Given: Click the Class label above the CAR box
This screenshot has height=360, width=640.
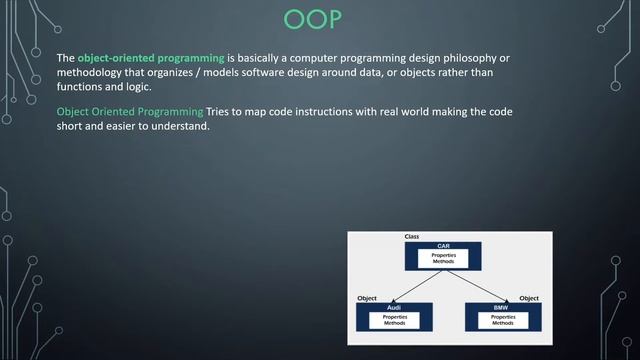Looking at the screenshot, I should coord(411,237).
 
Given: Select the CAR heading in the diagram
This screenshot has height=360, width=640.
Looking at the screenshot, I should coord(443,245).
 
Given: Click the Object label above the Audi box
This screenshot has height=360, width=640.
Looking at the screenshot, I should coord(367,298).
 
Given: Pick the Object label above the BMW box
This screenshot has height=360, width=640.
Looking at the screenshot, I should coord(529,298).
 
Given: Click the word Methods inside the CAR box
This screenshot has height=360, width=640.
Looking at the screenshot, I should coord(443,262).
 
